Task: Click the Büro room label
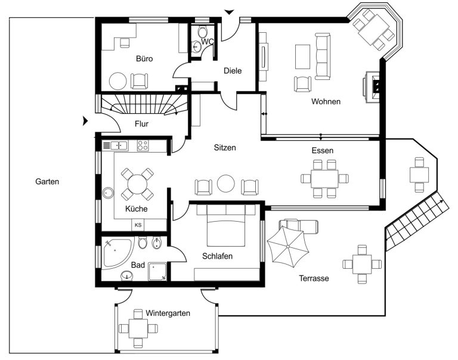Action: coord(144,58)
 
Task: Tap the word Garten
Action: coord(47,182)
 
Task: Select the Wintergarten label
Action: coord(168,314)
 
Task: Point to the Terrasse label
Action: coord(314,278)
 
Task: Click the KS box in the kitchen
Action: coord(138,225)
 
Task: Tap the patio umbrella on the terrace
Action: coord(288,247)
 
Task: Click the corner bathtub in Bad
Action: coord(117,253)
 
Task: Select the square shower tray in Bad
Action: coord(157,272)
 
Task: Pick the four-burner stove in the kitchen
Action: coord(143,145)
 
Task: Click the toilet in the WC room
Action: coord(202,31)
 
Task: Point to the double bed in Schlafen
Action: coord(226,225)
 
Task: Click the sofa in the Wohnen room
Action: coord(323,57)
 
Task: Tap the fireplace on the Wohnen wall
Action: coord(372,86)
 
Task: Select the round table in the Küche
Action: coord(137,184)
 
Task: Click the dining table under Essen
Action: coord(324,179)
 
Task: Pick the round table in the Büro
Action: coord(118,81)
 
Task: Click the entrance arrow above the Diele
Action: coord(229,12)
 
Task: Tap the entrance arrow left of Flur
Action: coord(85,120)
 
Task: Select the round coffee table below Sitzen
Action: coord(226,184)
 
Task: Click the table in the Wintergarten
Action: coord(138,329)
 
